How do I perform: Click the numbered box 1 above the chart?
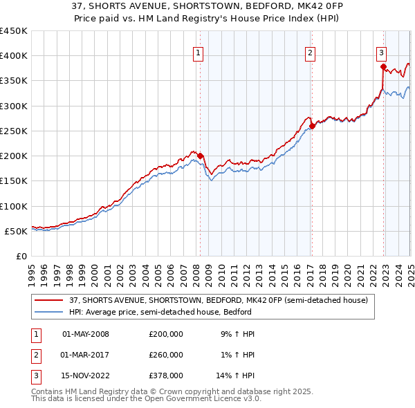(x=199, y=52)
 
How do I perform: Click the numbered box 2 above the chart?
(x=311, y=52)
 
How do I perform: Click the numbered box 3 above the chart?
(x=382, y=52)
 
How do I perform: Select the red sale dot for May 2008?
(x=200, y=156)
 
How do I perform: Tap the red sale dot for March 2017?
(x=312, y=126)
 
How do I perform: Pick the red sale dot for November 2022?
(x=383, y=66)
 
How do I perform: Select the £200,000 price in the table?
(x=165, y=334)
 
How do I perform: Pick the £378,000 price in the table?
(x=165, y=376)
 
